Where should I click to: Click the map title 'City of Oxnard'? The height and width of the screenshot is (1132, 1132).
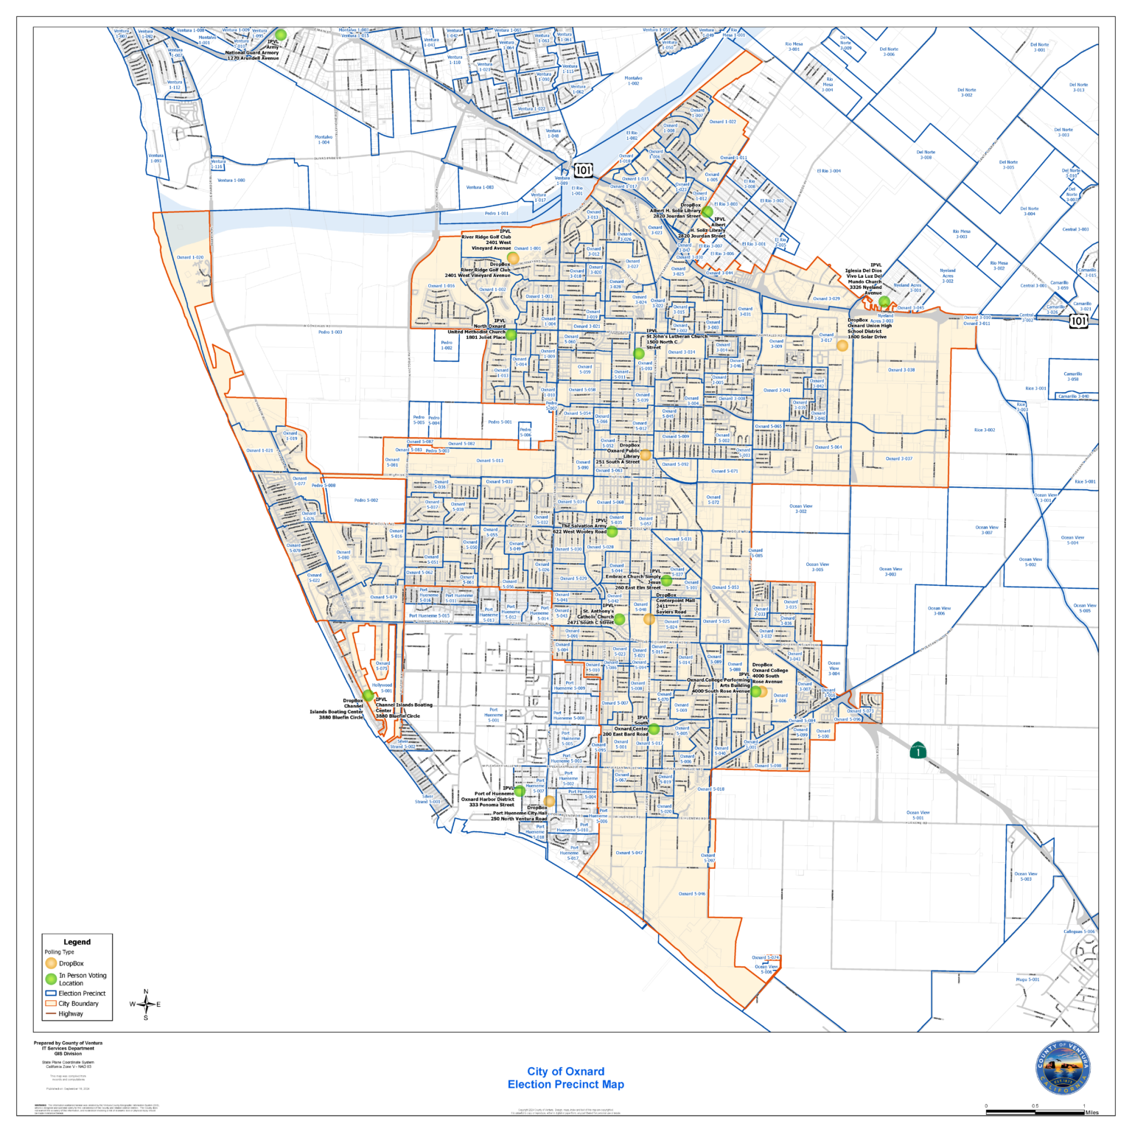565,1071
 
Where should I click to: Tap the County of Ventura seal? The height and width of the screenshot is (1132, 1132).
1063,1068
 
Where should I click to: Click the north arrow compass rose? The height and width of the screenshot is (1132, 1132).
146,1004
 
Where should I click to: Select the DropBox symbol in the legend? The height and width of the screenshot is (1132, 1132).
51,963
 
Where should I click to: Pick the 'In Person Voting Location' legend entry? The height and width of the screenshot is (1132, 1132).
83,979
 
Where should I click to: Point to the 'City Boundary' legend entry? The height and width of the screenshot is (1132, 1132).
78,1003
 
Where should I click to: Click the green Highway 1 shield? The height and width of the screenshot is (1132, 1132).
918,750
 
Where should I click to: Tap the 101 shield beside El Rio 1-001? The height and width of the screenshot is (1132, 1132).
583,170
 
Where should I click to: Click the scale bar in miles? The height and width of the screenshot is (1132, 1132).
1035,1111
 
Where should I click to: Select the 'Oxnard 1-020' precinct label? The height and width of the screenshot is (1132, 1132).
190,258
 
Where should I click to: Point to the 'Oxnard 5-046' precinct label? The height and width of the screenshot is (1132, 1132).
691,894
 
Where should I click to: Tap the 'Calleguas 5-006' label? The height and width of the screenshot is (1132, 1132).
1079,932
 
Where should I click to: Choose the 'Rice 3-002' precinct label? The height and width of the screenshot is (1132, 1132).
985,430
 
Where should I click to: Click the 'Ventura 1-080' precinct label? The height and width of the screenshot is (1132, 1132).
231,180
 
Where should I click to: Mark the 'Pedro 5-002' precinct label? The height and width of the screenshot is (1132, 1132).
366,500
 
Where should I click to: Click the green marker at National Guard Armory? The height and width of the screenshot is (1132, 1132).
281,35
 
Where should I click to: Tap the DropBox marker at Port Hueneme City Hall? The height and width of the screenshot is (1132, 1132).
549,801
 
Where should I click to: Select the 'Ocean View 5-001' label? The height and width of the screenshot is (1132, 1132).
918,815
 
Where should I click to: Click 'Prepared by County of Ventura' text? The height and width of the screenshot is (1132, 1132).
68,1043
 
